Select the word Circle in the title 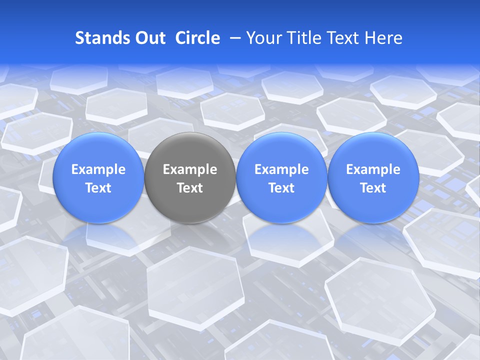(197, 38)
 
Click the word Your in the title (262, 38)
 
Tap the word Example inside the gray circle (190, 169)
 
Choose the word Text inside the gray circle (190, 188)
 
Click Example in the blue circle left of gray (98, 169)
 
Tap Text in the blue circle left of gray (98, 188)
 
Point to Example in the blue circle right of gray (281, 169)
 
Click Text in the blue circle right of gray (281, 188)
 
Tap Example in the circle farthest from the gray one (373, 169)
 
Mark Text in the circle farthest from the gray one (373, 188)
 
